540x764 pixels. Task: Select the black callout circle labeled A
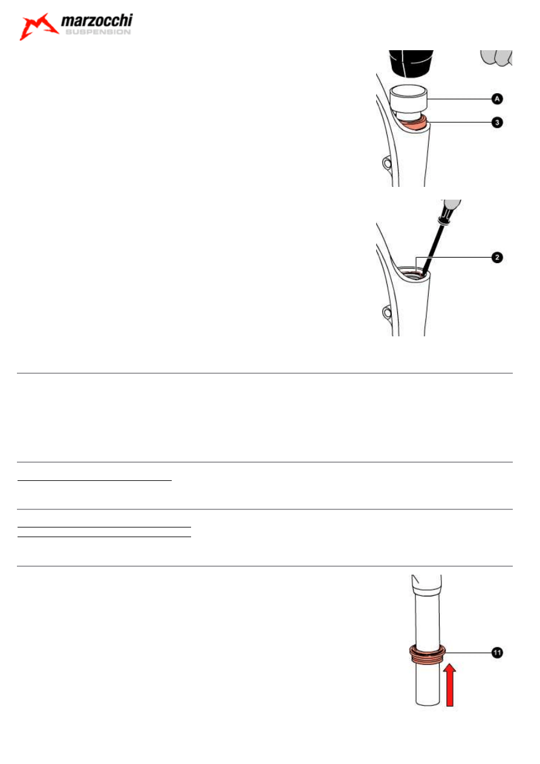pos(495,99)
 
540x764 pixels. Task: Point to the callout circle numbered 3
pos(495,122)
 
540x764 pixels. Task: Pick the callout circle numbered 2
pos(495,258)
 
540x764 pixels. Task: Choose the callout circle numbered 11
pos(495,653)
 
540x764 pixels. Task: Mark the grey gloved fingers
pos(497,57)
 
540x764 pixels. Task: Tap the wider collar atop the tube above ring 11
pos(426,584)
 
